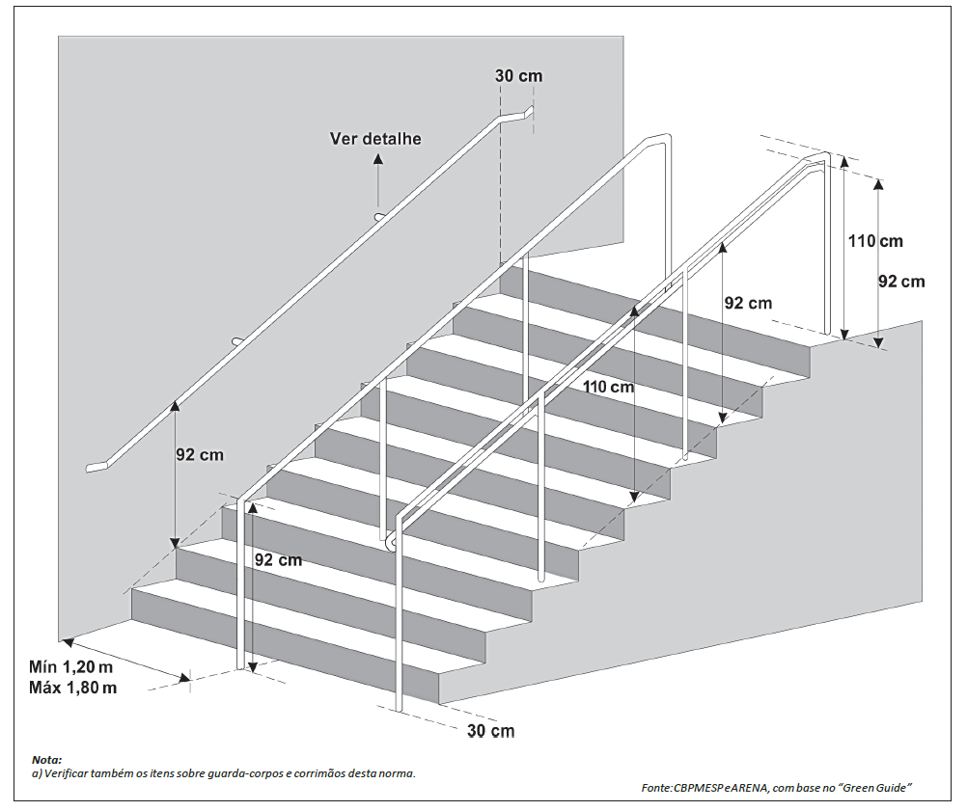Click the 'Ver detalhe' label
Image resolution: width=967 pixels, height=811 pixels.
[x=375, y=138]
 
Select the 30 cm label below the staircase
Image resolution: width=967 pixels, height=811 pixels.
[x=490, y=730]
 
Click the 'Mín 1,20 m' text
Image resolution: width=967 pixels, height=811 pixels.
[x=71, y=666]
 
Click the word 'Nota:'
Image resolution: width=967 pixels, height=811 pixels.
[x=45, y=760]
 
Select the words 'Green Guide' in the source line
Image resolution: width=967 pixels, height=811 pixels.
[x=877, y=789]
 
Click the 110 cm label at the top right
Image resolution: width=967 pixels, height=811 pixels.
[x=875, y=241]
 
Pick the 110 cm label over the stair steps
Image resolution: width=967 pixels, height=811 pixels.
[x=608, y=387]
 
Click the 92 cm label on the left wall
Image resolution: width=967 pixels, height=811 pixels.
[x=199, y=455]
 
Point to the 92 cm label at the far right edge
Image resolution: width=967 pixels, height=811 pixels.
[x=900, y=282]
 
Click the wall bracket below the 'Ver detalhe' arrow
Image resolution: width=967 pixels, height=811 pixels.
[x=379, y=216]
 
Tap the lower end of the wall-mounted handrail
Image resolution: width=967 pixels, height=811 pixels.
[x=95, y=468]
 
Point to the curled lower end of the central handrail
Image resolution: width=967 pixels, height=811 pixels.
[x=390, y=543]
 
